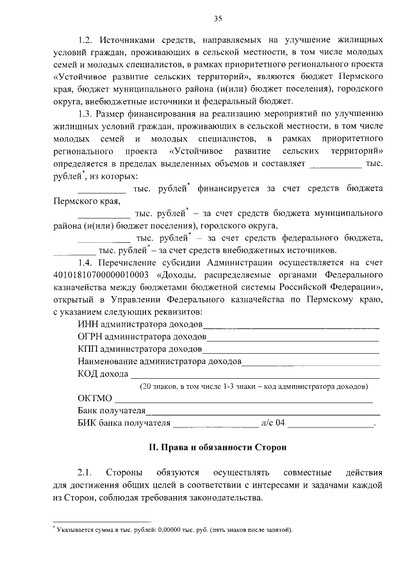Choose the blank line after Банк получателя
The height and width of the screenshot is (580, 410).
pyautogui.click(x=263, y=412)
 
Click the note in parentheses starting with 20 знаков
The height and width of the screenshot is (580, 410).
pyautogui.click(x=254, y=387)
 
